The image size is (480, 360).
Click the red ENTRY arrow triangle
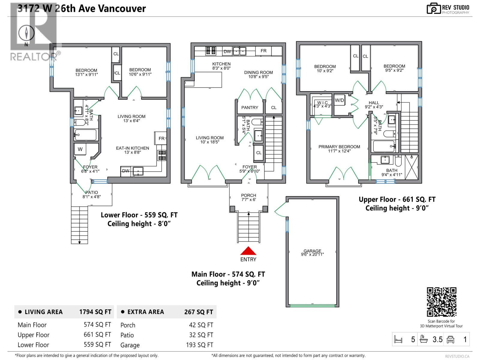click(248, 251)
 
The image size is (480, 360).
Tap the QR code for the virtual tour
click(441, 302)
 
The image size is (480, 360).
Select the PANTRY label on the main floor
click(250, 107)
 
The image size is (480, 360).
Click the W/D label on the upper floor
click(339, 100)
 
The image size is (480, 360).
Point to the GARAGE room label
click(312, 251)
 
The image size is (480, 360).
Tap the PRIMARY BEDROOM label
click(339, 147)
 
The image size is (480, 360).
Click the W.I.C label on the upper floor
click(322, 103)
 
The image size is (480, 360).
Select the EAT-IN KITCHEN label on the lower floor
click(132, 148)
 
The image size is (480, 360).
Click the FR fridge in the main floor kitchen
click(263, 51)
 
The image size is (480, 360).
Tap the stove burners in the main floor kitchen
click(210, 51)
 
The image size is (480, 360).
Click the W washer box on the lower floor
click(80, 149)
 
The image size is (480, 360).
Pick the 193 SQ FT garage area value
click(199, 345)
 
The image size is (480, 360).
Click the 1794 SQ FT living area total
click(95, 312)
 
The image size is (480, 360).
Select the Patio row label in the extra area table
click(127, 335)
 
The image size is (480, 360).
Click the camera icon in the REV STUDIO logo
click(434, 8)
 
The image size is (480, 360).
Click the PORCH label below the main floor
click(248, 195)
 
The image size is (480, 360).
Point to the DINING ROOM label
click(258, 72)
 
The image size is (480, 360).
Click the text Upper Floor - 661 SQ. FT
click(397, 199)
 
